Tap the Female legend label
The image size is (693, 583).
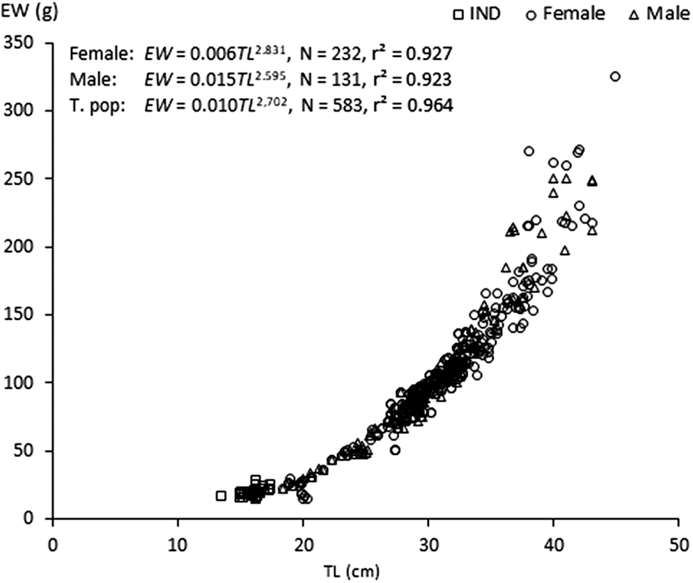[577, 13]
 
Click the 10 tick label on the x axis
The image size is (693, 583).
[178, 543]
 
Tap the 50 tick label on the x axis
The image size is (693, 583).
[678, 543]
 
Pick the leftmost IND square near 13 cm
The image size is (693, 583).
[221, 496]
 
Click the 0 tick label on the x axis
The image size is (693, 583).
[53, 543]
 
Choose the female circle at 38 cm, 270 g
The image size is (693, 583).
[529, 151]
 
